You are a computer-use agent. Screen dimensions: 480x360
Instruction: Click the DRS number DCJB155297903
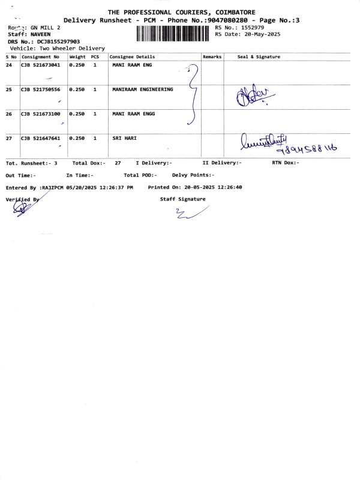(x=58, y=41)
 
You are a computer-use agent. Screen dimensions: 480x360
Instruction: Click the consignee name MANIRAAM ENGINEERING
(x=142, y=89)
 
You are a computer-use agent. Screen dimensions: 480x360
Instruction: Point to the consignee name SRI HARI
(x=124, y=138)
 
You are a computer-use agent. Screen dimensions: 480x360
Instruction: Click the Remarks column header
(x=212, y=56)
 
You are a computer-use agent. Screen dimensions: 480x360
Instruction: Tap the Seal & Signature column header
(x=259, y=56)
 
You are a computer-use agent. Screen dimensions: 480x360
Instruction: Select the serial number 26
(x=9, y=113)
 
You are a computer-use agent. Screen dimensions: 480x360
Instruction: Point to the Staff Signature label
(x=182, y=199)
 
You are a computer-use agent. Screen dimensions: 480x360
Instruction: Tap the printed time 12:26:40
(x=230, y=187)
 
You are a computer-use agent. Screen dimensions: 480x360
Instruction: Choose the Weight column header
(x=77, y=56)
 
